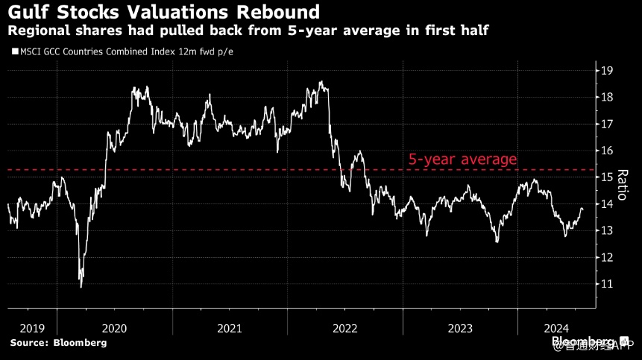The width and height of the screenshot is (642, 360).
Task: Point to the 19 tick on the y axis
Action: point(608,71)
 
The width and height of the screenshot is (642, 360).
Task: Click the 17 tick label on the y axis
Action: point(608,124)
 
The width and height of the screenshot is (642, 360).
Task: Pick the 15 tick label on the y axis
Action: point(608,177)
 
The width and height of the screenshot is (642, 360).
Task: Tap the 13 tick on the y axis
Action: point(608,230)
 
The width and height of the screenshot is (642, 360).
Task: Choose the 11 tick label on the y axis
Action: point(608,284)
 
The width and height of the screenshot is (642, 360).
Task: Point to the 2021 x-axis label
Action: point(230,328)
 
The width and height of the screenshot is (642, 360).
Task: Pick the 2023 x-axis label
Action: point(460,328)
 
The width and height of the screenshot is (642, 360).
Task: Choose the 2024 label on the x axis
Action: point(556,328)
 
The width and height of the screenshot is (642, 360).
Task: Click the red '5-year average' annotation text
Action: point(462,160)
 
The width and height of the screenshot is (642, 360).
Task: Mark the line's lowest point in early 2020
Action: point(81,286)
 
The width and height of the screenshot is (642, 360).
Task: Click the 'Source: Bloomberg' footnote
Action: point(58,343)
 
